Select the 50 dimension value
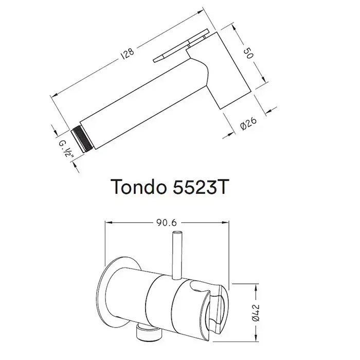coord(248,53)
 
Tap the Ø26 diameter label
coord(248,123)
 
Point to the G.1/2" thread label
coord(66,149)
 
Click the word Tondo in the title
coord(138,187)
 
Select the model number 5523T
coord(200,187)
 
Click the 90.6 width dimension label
coord(167,223)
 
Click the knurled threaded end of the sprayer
coord(82,140)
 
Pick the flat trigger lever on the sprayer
coord(182,45)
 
